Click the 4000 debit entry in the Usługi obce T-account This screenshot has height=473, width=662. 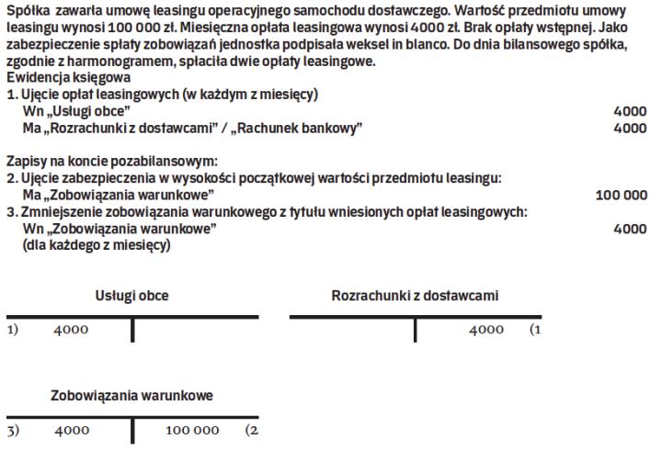(x=71, y=331)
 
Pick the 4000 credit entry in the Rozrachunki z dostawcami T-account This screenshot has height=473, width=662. (x=486, y=331)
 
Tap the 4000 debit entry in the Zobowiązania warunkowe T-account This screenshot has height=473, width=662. (x=71, y=430)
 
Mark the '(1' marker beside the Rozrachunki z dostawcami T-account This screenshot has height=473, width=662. (x=535, y=331)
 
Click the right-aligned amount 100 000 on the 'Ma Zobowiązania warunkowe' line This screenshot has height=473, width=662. (x=622, y=196)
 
